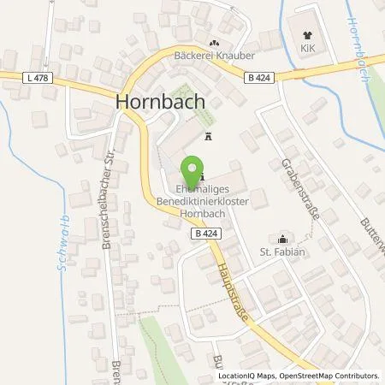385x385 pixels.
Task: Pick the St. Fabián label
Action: pyautogui.click(x=281, y=251)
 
